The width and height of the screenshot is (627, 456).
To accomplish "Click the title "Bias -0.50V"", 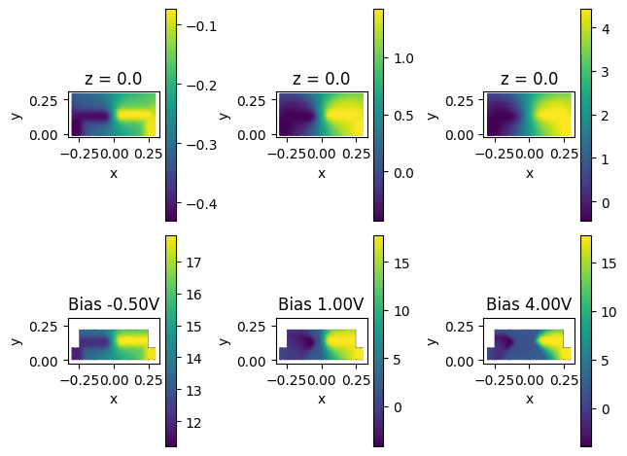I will pos(114,304).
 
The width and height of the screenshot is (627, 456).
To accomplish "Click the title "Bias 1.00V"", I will pos(321,304).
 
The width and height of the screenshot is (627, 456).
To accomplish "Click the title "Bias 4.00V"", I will pos(529,304).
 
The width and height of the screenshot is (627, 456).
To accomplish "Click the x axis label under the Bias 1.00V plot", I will pos(321,399).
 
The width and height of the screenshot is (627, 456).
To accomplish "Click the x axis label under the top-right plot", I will pos(529,173).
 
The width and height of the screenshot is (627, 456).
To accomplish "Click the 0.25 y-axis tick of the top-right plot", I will pos(465,100).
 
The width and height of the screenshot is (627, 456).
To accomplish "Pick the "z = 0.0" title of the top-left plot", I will pos(114,79).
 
